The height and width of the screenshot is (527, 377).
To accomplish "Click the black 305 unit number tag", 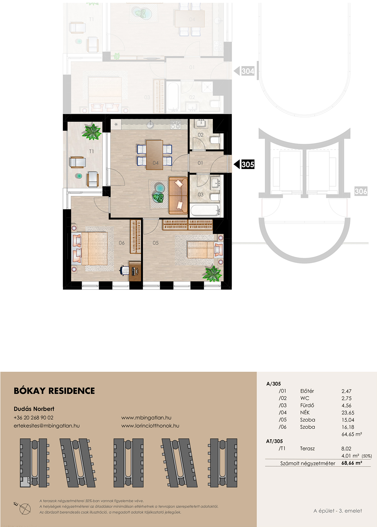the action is point(247,164).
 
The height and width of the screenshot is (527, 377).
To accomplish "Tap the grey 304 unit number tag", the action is point(247,71).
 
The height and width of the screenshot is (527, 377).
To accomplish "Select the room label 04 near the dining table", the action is point(156,163).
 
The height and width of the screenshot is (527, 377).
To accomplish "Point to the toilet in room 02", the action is point(215,140).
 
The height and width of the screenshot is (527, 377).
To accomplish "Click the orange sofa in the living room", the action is point(178,195).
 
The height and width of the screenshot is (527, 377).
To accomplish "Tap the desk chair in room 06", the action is point(125,270).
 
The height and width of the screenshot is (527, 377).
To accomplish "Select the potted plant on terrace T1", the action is point(91,131).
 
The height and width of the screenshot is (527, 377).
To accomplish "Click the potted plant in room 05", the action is point(212,273).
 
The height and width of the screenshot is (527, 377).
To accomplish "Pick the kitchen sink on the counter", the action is point(150,124).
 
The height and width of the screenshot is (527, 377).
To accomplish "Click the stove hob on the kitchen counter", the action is point(176,124).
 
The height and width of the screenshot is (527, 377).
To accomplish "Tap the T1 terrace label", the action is point(92,151).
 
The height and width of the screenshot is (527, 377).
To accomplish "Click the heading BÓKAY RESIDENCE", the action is point(54,391).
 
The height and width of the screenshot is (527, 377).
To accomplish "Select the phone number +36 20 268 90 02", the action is point(33,418).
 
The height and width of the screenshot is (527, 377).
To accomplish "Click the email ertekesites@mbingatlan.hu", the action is point(47,426).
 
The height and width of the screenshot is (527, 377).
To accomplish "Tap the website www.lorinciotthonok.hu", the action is point(150,426).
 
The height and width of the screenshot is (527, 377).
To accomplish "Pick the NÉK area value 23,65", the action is point(348,413).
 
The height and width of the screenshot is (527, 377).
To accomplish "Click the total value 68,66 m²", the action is point(352,463).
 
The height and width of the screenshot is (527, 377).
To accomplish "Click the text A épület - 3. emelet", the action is point(338,511).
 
